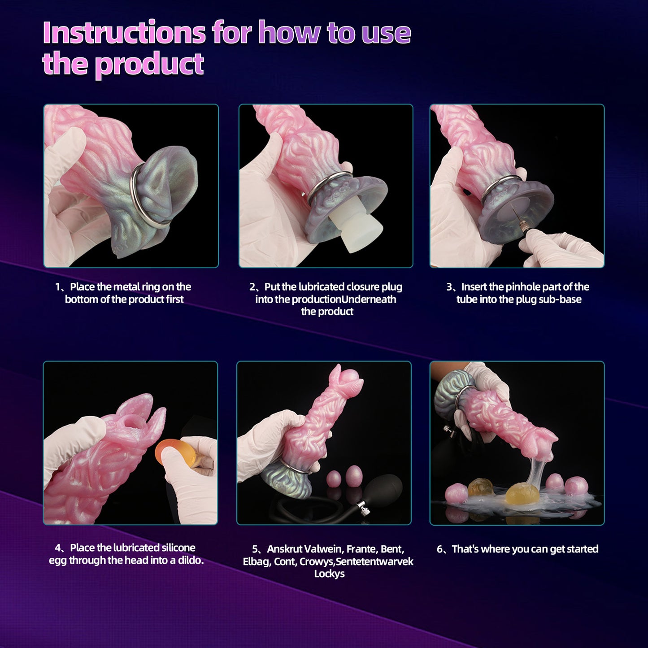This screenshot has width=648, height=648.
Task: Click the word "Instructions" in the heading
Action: (x=124, y=33)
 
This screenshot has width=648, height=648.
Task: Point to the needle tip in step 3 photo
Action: (x=514, y=208)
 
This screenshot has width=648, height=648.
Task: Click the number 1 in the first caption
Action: (x=58, y=287)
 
